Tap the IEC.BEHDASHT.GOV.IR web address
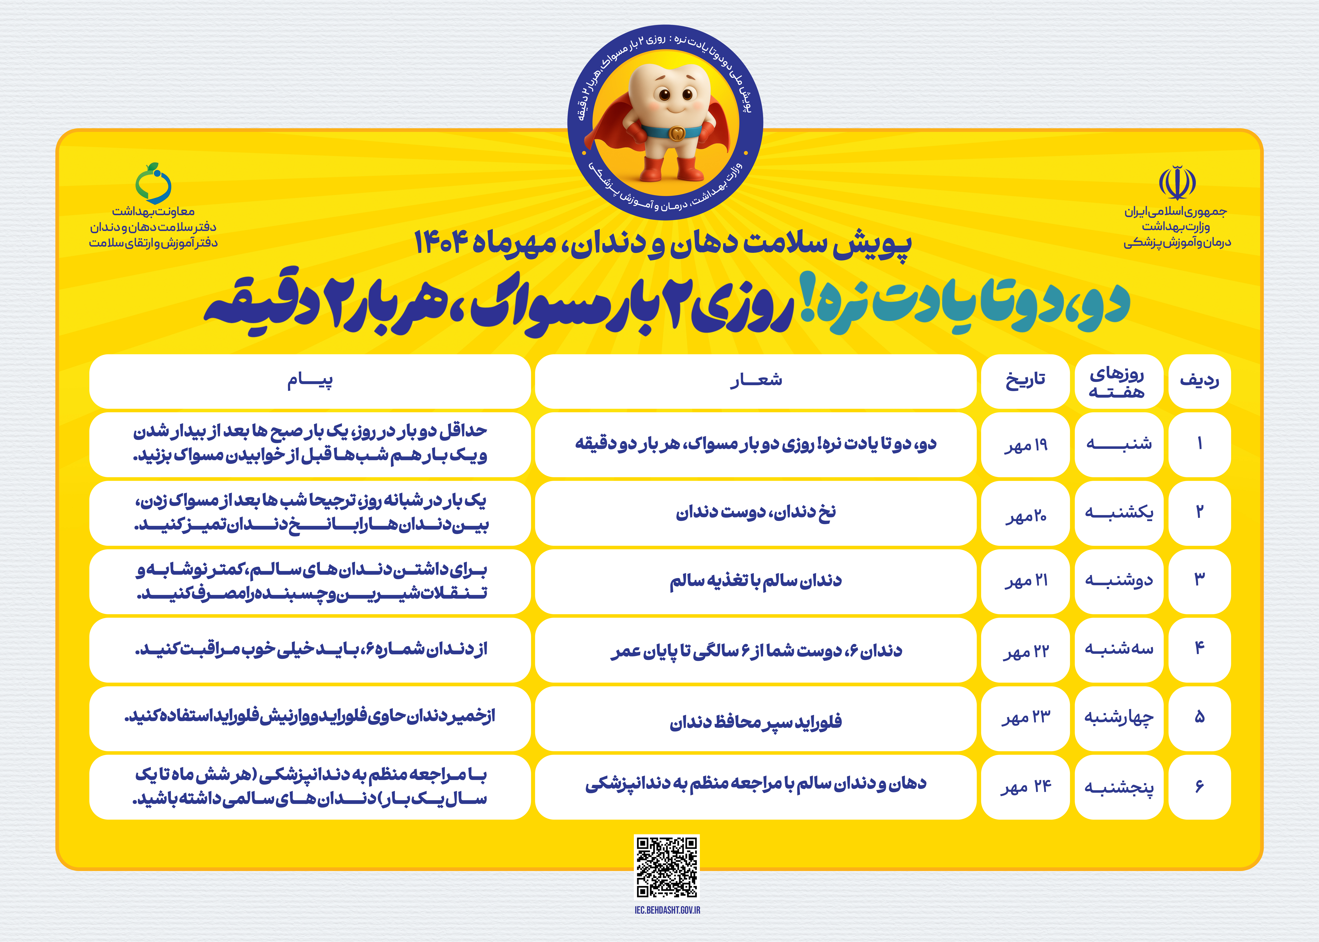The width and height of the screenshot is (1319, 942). coord(667,910)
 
